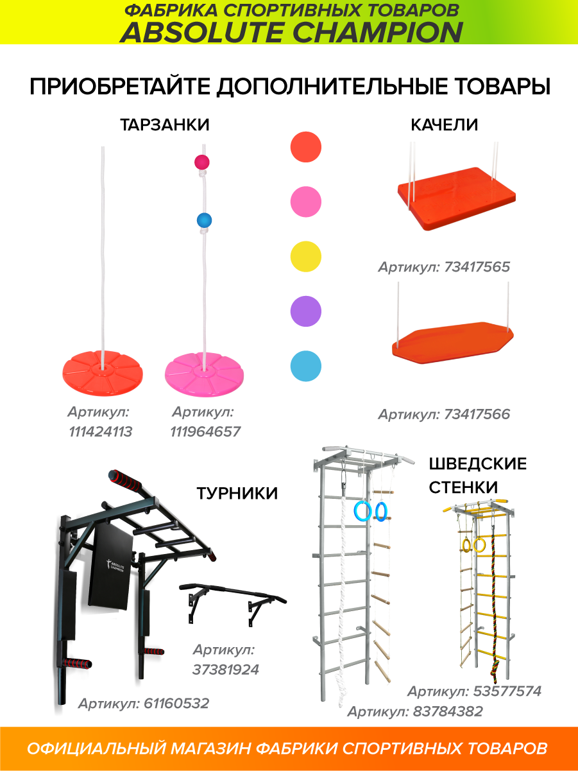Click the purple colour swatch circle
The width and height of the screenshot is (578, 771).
305,311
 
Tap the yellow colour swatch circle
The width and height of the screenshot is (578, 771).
305,256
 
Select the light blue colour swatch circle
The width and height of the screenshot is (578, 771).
305,366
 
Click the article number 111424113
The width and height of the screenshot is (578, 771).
101,431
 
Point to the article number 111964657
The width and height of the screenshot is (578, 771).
206,431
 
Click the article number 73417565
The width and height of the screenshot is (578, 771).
477,267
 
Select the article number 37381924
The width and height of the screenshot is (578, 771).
226,670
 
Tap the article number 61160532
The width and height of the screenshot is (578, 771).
176,704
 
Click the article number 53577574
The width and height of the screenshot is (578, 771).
507,691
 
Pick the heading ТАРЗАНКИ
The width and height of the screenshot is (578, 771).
165,125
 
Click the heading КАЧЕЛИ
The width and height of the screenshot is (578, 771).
445,125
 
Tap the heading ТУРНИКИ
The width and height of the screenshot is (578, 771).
237,494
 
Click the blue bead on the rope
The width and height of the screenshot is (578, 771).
204,221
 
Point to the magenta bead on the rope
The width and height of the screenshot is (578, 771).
202,162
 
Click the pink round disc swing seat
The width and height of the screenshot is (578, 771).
204,374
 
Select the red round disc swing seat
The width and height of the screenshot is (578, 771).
103,374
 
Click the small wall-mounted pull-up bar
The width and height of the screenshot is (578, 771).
233,602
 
